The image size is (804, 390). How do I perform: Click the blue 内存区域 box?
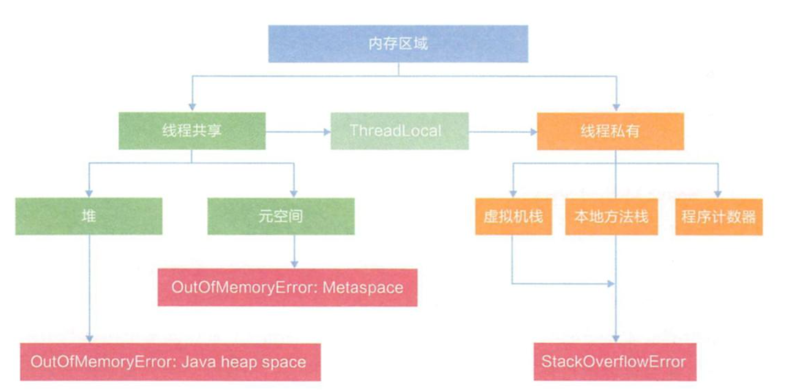coord(398,43)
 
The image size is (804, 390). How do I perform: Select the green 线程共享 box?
coord(192,131)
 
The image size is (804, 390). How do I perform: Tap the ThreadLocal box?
coord(399,131)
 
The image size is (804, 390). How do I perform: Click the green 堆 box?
coord(89,216)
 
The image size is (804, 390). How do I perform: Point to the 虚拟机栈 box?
coord(513,217)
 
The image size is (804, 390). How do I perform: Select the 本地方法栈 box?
coord(611,217)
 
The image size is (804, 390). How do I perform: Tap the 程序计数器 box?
coord(719,217)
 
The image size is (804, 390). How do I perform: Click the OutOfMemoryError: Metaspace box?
coord(288,287)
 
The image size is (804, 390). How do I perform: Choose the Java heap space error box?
coord(168,362)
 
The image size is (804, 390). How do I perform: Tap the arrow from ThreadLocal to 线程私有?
coord(502,131)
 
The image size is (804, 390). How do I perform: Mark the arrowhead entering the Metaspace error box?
coord(295,264)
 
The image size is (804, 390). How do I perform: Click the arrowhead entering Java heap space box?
coord(89,338)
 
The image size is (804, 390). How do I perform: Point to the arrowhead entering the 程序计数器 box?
coord(719,193)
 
